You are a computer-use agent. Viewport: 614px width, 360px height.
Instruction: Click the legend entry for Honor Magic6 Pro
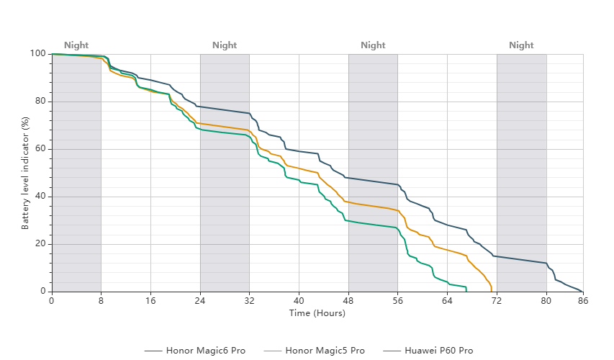(194, 351)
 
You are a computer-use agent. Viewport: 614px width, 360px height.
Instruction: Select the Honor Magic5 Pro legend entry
(314, 351)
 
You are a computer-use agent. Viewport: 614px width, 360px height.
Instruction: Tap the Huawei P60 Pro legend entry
(428, 351)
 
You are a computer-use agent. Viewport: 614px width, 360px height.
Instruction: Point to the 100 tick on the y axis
(38, 54)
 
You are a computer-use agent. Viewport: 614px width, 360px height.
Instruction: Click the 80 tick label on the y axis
(40, 101)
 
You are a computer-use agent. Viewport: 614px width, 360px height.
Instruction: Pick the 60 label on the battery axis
(40, 149)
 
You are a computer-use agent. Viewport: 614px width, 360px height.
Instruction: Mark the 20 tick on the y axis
(40, 243)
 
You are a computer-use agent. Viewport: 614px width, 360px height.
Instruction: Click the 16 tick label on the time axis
(150, 301)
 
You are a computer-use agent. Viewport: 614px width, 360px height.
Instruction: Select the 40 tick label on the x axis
(299, 301)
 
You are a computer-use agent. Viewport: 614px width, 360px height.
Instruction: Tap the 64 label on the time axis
(447, 301)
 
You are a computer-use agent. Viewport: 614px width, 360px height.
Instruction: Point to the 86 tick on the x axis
(583, 301)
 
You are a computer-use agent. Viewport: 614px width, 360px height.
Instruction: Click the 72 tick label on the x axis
(497, 301)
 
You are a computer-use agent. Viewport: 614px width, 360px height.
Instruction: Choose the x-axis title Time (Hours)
(317, 313)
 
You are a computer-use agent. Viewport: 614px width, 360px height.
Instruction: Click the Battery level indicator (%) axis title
(25, 173)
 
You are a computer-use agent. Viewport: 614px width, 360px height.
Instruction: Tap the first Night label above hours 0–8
(76, 45)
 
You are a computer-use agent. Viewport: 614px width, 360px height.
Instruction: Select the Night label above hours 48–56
(373, 45)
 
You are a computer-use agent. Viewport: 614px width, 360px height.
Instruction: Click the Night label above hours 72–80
(521, 45)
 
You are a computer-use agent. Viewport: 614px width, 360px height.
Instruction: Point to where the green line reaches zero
(466, 291)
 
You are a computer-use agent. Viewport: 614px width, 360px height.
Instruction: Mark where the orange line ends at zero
(492, 291)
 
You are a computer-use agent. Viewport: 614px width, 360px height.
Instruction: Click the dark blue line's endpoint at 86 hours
(582, 292)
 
